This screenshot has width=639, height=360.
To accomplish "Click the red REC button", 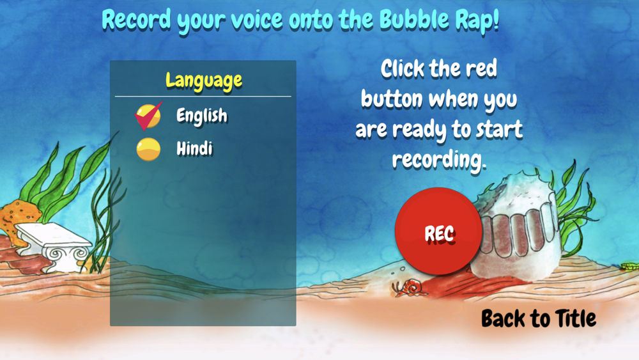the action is pyautogui.click(x=438, y=231).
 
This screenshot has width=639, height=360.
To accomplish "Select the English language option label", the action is pyautogui.click(x=202, y=116).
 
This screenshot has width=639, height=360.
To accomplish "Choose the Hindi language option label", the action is pyautogui.click(x=194, y=148).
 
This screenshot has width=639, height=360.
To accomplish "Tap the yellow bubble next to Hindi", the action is pyautogui.click(x=148, y=149).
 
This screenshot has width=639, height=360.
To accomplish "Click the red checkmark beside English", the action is pyautogui.click(x=148, y=116).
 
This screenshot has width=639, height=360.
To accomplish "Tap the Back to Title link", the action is pyautogui.click(x=538, y=318).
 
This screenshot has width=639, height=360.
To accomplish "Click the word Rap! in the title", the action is pyautogui.click(x=477, y=21).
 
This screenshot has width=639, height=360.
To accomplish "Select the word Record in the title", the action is pyautogui.click(x=137, y=20).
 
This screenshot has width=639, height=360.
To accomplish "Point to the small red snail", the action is pyautogui.click(x=410, y=287).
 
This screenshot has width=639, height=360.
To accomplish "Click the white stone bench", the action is pyautogui.click(x=53, y=246).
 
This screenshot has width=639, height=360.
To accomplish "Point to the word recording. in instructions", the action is pyautogui.click(x=440, y=160).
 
